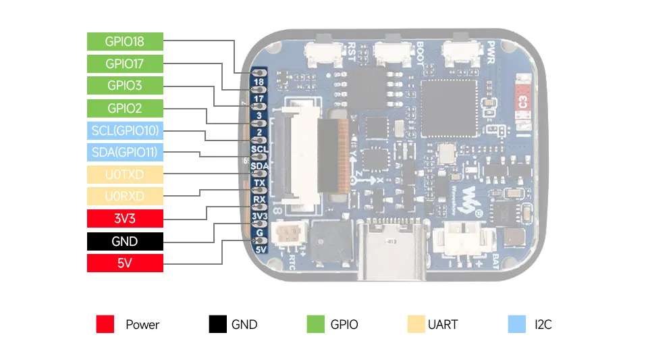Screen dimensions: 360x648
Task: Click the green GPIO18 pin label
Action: click(x=125, y=41)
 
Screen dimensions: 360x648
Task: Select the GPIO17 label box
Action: click(x=125, y=63)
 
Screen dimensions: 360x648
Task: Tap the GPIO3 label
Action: click(x=125, y=86)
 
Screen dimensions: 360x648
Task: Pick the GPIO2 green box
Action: click(x=125, y=108)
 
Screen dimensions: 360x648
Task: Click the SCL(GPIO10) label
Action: click(x=125, y=130)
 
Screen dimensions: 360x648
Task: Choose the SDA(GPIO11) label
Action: click(x=125, y=153)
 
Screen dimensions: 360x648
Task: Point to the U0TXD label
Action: click(x=125, y=174)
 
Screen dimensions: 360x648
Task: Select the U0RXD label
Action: click(x=125, y=197)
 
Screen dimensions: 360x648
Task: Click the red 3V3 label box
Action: click(x=125, y=219)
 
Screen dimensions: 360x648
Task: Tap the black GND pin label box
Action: click(x=125, y=241)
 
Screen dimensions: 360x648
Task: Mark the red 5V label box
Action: click(x=125, y=263)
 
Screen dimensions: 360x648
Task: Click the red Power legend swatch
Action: click(x=105, y=325)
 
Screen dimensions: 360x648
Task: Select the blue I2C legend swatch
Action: click(x=516, y=325)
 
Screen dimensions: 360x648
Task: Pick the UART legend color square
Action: click(x=416, y=325)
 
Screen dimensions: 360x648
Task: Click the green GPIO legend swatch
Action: click(x=315, y=325)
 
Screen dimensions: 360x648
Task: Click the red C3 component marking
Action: click(x=521, y=103)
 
